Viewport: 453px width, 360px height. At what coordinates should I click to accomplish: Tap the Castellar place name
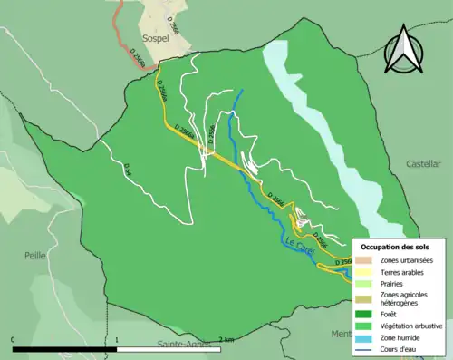pyautogui.click(x=423, y=164)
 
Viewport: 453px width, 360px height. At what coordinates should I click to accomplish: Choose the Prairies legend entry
pyautogui.click(x=395, y=283)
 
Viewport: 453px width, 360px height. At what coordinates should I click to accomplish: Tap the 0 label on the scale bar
pyautogui.click(x=14, y=340)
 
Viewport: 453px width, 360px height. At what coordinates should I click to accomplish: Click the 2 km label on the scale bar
pyautogui.click(x=227, y=340)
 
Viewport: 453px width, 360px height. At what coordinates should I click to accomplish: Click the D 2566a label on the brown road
pyautogui.click(x=136, y=55)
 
